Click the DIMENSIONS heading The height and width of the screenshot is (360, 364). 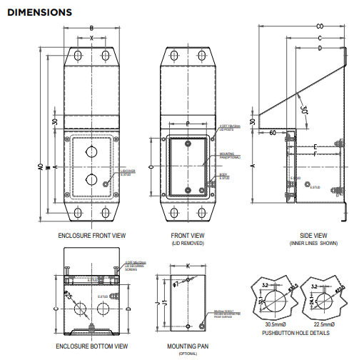tap(39, 12)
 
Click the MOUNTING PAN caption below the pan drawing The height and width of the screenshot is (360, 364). tap(187, 346)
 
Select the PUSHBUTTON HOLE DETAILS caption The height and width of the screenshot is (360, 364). tap(295, 333)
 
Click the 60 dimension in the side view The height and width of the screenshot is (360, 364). tap(273, 132)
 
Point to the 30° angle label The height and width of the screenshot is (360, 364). tap(305, 110)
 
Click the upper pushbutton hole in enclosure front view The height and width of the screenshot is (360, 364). tap(91, 151)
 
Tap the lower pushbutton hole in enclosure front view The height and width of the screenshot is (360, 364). tap(91, 178)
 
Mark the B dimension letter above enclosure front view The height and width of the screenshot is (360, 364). tap(91, 28)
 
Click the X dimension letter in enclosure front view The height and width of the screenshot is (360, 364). tap(91, 37)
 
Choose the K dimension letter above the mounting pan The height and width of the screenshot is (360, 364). tap(187, 265)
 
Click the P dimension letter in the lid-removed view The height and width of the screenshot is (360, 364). tap(187, 124)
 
